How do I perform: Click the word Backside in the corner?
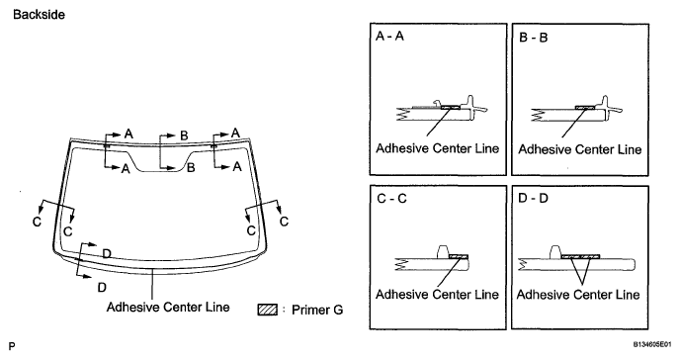(39, 14)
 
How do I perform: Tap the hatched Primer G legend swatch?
(268, 310)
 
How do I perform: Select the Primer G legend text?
(317, 311)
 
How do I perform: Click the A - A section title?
(389, 37)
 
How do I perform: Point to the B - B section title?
(534, 38)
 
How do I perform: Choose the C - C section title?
(392, 199)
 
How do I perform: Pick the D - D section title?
(533, 198)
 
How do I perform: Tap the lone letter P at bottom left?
(12, 346)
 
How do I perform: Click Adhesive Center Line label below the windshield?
(168, 307)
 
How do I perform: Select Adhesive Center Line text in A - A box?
(437, 148)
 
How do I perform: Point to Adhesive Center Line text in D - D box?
(578, 295)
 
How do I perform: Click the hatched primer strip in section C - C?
(459, 257)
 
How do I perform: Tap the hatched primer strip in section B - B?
(585, 107)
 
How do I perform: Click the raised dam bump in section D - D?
(555, 252)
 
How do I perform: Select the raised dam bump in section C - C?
(443, 251)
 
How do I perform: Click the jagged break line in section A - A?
(403, 114)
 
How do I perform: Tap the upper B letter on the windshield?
(184, 135)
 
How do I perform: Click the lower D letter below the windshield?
(102, 288)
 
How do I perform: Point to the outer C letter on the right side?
(284, 222)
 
